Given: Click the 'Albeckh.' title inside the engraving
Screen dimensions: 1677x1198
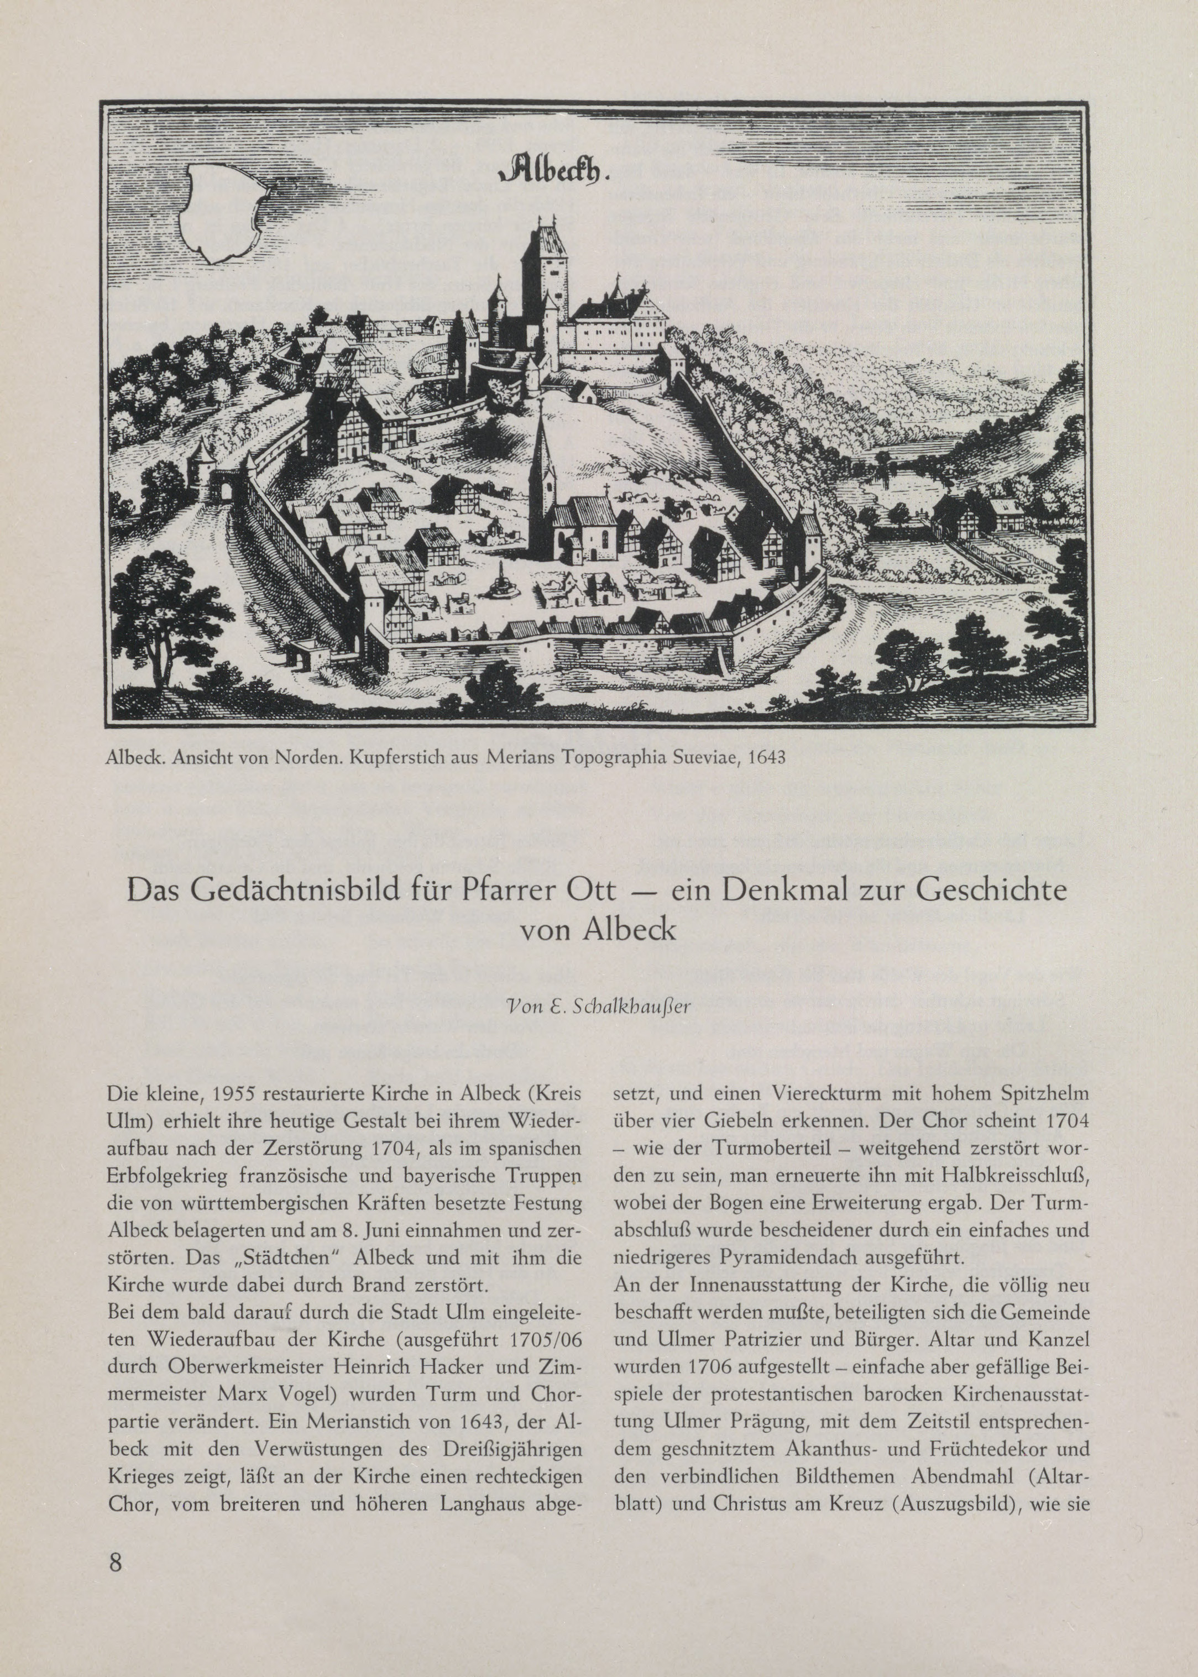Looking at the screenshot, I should tap(549, 170).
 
